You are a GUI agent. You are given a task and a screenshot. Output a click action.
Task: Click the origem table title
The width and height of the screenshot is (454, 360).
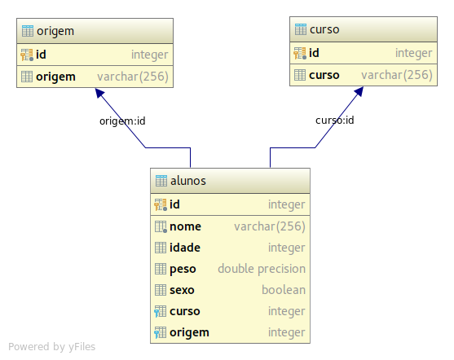tap(55, 31)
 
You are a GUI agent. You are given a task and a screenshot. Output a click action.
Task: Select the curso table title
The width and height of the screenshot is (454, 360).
tap(324, 29)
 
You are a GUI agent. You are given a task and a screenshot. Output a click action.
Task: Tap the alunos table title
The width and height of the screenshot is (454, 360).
tap(188, 181)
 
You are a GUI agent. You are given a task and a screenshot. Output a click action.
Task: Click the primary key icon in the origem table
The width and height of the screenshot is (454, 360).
tap(27, 55)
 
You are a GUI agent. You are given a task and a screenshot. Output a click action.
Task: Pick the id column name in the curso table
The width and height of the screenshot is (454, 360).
tap(314, 53)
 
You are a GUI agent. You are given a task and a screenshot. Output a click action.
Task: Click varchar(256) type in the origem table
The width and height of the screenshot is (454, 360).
tap(133, 77)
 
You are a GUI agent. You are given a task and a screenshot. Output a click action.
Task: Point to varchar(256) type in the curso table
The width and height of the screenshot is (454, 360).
tap(397, 75)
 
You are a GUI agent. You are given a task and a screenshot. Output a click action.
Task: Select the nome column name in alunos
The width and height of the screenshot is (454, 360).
tap(185, 226)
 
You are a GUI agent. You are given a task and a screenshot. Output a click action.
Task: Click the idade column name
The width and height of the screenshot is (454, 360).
tap(185, 248)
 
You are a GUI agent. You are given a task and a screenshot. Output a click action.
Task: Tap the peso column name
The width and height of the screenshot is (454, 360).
tap(183, 269)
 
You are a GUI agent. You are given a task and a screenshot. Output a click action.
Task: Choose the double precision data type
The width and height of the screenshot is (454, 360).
tap(262, 269)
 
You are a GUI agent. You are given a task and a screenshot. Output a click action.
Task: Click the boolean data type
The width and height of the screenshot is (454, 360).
tap(284, 290)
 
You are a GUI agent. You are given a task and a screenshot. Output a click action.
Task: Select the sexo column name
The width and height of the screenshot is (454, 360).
tap(182, 290)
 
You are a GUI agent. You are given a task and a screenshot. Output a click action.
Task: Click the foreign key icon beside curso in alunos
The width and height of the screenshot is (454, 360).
tap(160, 311)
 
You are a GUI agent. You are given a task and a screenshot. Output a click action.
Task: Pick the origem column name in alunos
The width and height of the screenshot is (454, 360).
tap(189, 333)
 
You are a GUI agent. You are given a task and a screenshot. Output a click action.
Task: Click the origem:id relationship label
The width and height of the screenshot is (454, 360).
tap(122, 121)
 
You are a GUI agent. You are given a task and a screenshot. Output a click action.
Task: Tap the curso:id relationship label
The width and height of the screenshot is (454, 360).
tap(335, 120)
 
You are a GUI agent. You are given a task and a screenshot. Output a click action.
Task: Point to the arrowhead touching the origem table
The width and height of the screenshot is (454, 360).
tap(99, 93)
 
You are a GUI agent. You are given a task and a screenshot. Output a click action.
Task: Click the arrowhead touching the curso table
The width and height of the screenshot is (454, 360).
tap(359, 91)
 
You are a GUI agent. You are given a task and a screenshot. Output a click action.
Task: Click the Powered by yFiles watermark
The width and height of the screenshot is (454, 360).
tap(52, 347)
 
